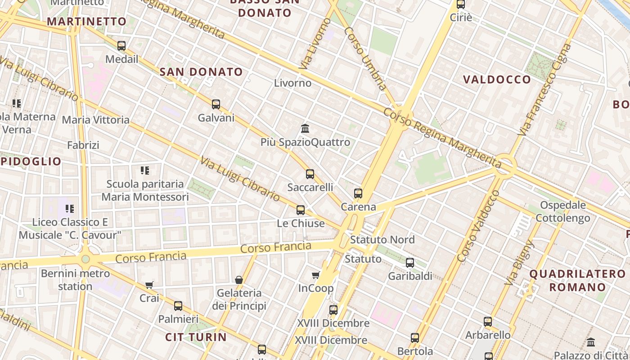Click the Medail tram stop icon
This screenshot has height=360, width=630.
click(x=121, y=46)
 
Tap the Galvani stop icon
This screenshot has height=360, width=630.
click(x=216, y=104)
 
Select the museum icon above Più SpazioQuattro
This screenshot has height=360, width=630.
click(x=305, y=129)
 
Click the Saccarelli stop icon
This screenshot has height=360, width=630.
click(x=310, y=174)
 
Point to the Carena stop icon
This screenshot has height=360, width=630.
click(x=358, y=193)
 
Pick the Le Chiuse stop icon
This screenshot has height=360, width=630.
click(x=301, y=210)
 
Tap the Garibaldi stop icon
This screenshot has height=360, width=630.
click(x=410, y=263)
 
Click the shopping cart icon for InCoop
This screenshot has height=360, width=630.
click(x=316, y=275)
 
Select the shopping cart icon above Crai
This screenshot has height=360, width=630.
click(x=149, y=285)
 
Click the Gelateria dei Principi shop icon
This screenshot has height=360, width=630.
click(x=239, y=280)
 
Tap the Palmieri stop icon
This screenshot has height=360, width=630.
click(x=178, y=306)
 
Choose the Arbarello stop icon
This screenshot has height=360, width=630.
click(x=488, y=322)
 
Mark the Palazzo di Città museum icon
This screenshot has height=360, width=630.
click(x=591, y=342)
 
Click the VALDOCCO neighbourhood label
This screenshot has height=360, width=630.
click(x=497, y=80)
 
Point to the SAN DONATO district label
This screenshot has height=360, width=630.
click(x=201, y=72)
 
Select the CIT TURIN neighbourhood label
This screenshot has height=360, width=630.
click(x=196, y=337)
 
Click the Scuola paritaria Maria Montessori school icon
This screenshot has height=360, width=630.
click(x=145, y=171)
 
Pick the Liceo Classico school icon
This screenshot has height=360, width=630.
click(x=70, y=209)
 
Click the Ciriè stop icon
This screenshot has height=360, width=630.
click(x=461, y=4)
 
